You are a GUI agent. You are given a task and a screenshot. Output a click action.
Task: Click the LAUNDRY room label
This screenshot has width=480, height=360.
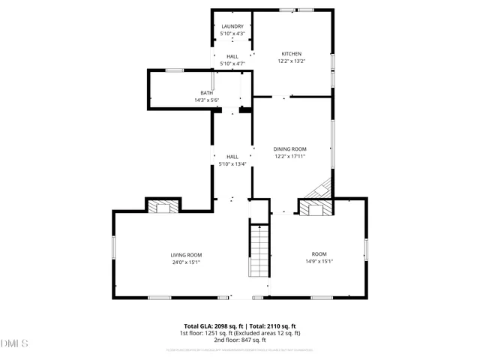pos(232,27)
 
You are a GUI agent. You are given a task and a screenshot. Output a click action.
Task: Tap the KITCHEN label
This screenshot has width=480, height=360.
pos(291,54)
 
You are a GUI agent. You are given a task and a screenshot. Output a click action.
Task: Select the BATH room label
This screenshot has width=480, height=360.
pos(206,93)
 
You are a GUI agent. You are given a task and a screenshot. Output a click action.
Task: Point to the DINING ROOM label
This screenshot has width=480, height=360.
pos(289,149)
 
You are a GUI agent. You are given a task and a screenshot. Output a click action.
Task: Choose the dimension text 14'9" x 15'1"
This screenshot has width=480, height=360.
pos(319,262)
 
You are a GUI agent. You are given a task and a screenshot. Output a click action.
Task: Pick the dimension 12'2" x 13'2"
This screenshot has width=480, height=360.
pos(291,61)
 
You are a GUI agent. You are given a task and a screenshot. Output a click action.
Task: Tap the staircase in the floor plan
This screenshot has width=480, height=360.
pos(258,251)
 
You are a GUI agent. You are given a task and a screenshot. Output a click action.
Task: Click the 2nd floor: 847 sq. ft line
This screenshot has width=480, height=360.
pos(239,339)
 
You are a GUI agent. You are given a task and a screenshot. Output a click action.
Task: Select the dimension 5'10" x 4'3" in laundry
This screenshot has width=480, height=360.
pos(232,34)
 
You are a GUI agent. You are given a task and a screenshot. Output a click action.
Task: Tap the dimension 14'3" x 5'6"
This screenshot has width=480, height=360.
pos(206,100)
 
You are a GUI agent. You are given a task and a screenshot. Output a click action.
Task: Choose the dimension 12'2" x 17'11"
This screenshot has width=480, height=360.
pos(289,156)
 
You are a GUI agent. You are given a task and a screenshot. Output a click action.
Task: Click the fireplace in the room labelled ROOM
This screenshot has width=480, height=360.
pos(316,207)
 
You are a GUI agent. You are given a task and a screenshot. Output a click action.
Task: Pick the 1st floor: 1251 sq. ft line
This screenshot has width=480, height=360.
pos(239,332)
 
